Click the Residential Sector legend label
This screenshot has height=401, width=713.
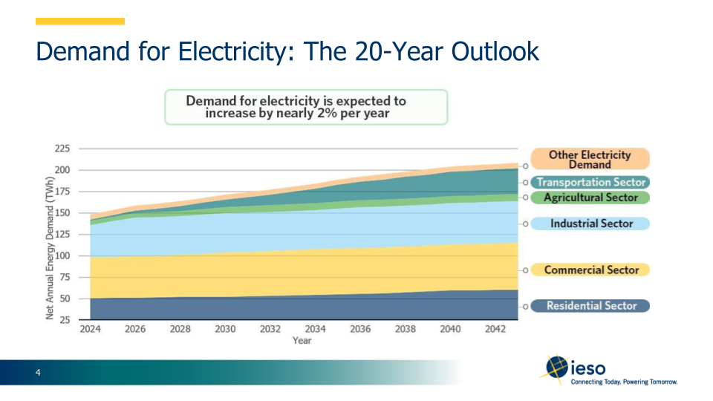(x=591, y=306)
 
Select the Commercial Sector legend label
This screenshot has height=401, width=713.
(x=591, y=270)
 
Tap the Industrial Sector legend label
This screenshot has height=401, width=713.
(x=591, y=224)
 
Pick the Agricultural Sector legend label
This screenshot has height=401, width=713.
(x=590, y=198)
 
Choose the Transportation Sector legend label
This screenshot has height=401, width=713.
(x=590, y=183)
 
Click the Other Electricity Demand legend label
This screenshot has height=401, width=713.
(x=590, y=159)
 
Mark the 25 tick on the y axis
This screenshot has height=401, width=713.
(x=65, y=320)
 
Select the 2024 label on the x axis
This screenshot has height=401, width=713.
(x=90, y=330)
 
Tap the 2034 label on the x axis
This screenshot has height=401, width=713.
(x=315, y=330)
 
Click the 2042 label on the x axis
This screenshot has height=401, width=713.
(x=495, y=330)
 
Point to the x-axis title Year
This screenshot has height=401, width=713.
(x=302, y=341)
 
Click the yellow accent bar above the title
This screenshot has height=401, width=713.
(x=80, y=22)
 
